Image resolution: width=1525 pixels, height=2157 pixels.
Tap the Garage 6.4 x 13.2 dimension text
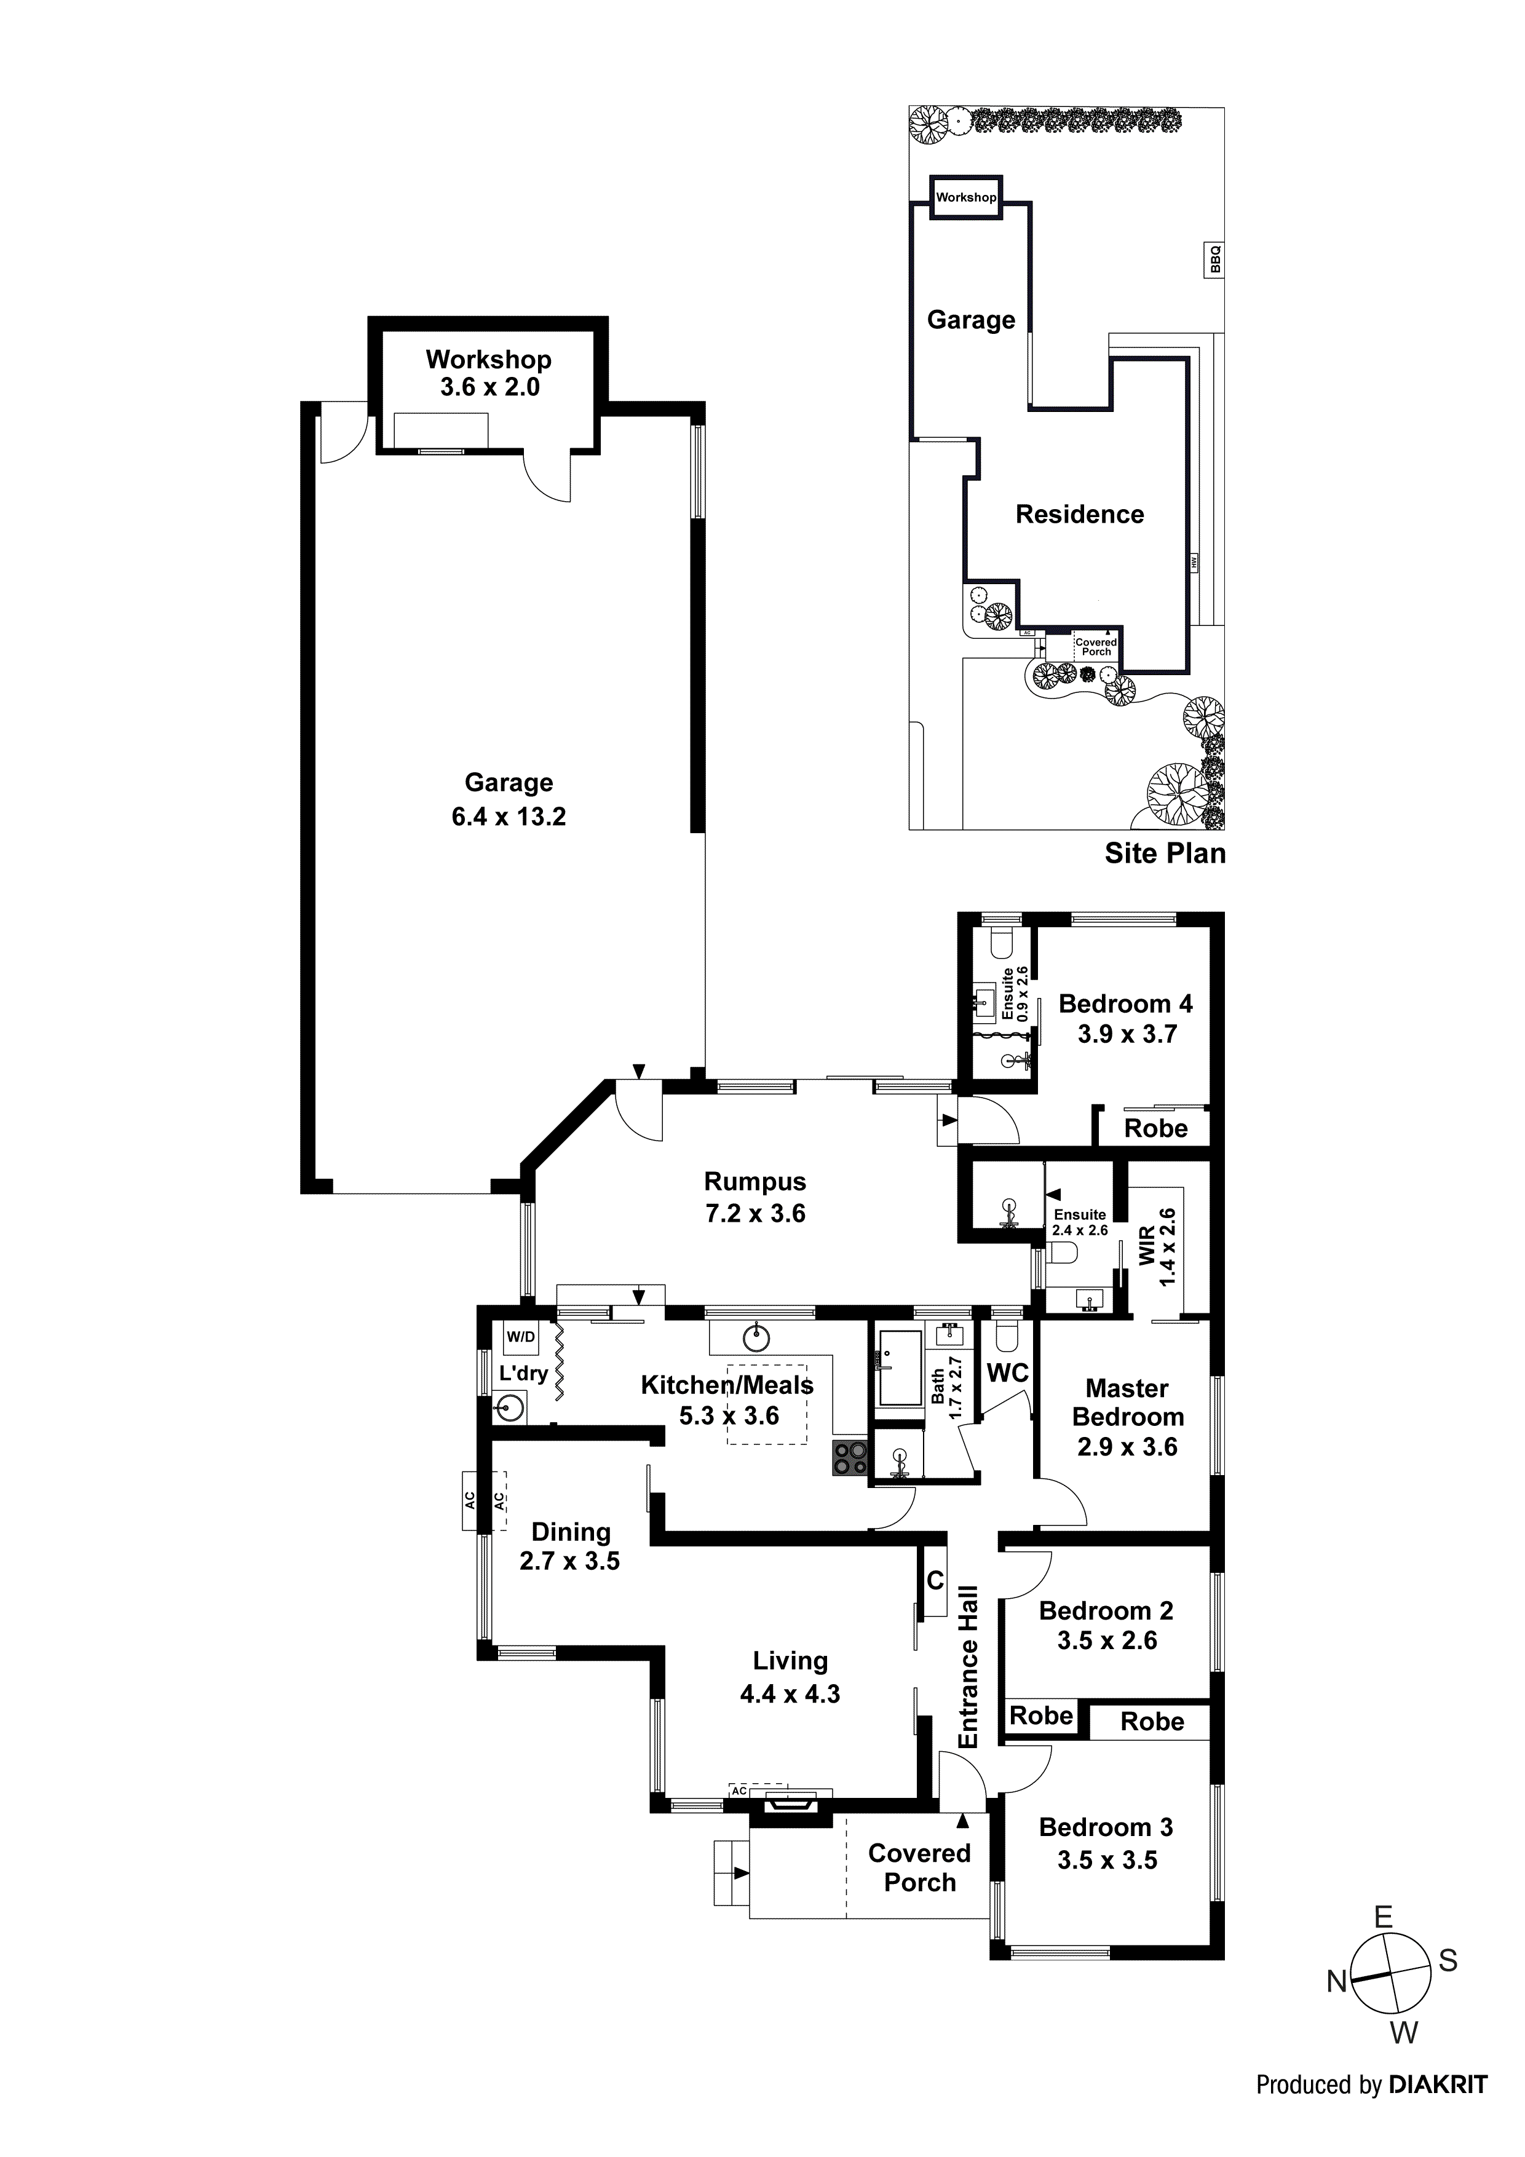pyautogui.click(x=509, y=817)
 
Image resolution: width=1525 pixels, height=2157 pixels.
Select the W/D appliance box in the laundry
pyautogui.click(x=521, y=1337)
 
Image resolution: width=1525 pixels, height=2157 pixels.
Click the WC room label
pyautogui.click(x=1007, y=1374)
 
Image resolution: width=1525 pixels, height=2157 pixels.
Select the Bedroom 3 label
pyautogui.click(x=1106, y=1827)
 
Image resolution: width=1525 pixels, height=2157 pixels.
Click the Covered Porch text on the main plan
pyautogui.click(x=919, y=1867)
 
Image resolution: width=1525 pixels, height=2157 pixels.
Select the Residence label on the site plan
pyautogui.click(x=1080, y=514)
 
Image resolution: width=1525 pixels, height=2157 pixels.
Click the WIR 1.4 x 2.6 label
pyautogui.click(x=1157, y=1246)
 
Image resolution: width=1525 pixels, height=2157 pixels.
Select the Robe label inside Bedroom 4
pyautogui.click(x=1155, y=1128)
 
